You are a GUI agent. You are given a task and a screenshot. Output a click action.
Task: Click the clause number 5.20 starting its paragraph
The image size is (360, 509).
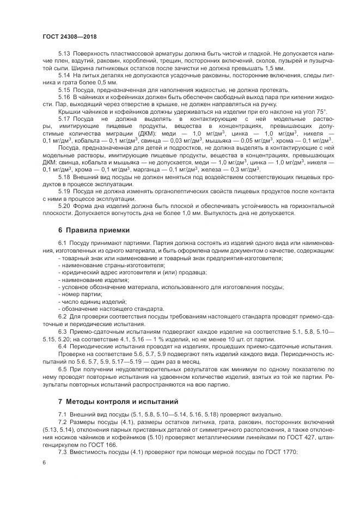tap(64, 206)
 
